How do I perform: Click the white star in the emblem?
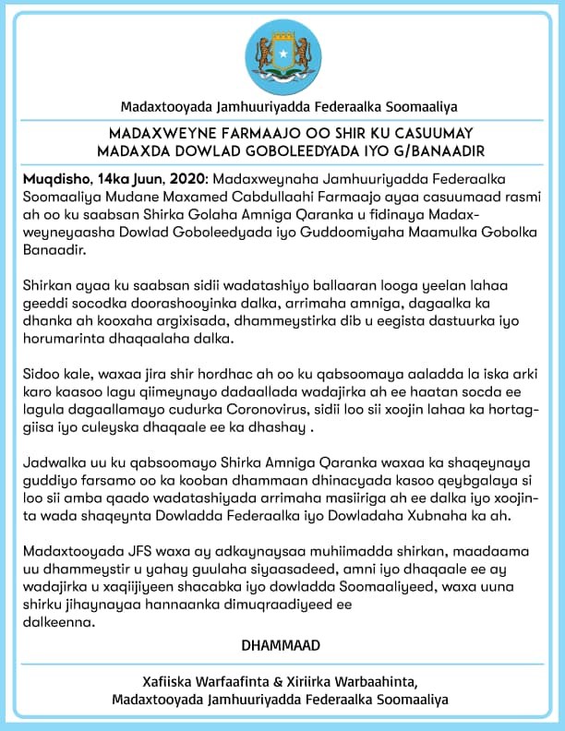point(282,52)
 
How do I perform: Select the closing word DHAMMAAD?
point(282,645)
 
